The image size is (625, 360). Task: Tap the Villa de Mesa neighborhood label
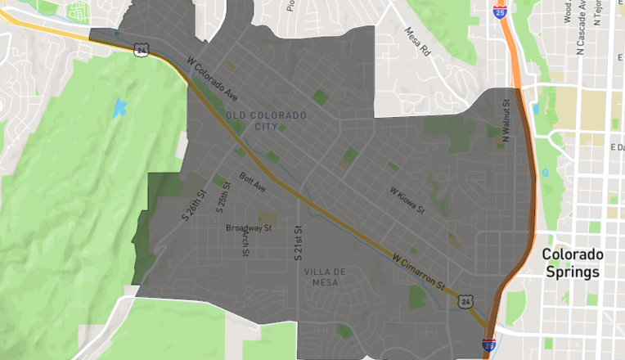(325, 277)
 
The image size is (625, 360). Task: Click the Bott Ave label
(253, 182)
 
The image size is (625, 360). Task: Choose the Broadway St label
(248, 228)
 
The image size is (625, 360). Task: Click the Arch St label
(245, 242)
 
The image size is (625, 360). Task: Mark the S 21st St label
(298, 243)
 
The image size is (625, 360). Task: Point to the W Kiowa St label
(407, 200)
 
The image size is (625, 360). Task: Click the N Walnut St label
(506, 119)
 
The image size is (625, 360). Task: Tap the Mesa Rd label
(416, 40)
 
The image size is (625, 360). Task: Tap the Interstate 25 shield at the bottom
(488, 345)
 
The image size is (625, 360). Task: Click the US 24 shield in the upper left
(142, 50)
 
